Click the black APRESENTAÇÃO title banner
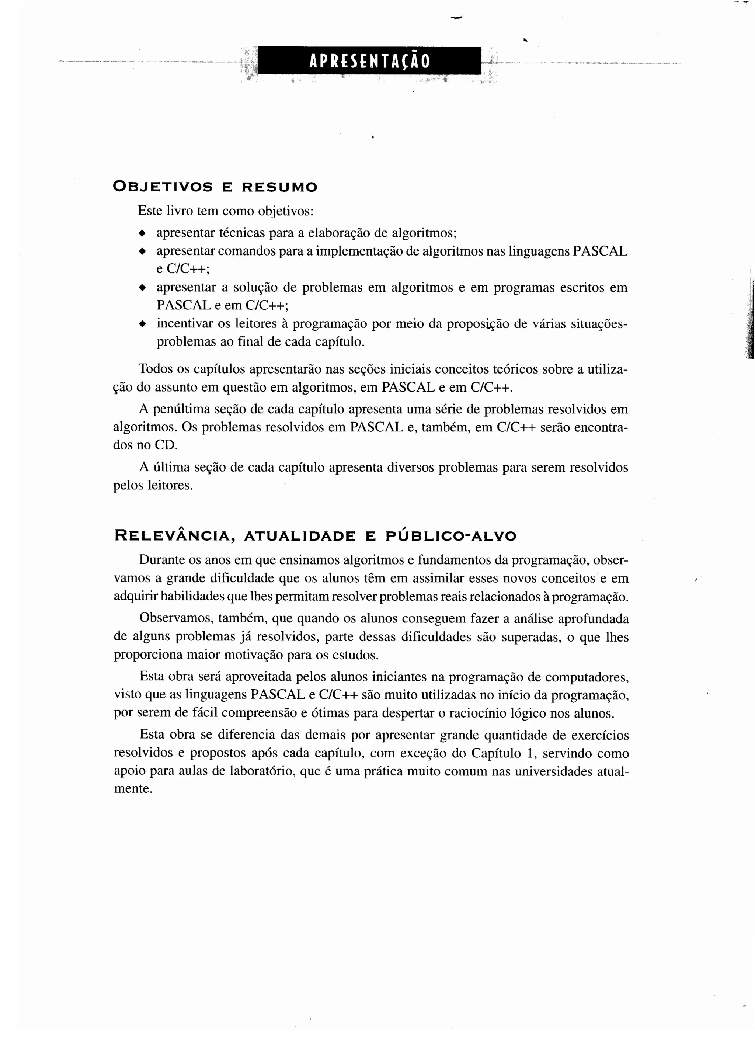pyautogui.click(x=369, y=60)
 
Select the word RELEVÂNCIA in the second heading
pyautogui.click(x=172, y=535)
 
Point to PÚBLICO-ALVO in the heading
pyautogui.click(x=451, y=535)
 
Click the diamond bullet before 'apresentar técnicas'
pyautogui.click(x=142, y=233)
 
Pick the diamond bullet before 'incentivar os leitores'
pyautogui.click(x=142, y=324)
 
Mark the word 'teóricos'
pyautogui.click(x=513, y=369)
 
